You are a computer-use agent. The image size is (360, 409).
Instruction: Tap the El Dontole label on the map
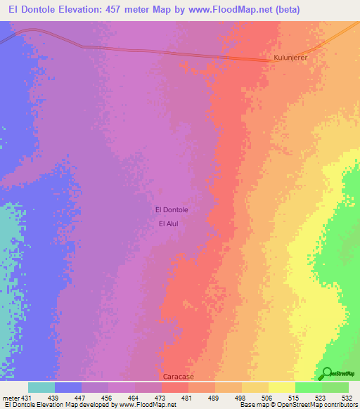[171, 209]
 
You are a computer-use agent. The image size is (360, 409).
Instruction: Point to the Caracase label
[178, 377]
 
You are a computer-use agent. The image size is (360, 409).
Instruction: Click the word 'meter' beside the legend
[11, 397]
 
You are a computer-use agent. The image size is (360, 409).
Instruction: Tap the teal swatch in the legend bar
[41, 387]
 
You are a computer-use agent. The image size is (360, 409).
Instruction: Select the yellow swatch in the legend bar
[281, 387]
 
